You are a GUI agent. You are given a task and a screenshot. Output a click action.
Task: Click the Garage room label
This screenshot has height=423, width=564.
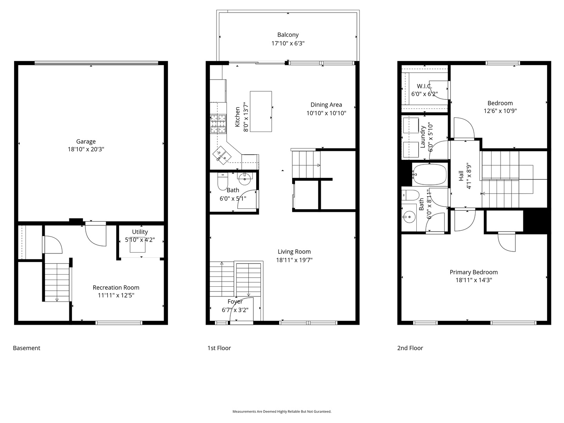tap(86, 141)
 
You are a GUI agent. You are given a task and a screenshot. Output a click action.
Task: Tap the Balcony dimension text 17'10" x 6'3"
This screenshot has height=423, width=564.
tap(288, 43)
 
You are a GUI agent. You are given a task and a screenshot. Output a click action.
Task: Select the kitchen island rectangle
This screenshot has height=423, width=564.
tap(261, 111)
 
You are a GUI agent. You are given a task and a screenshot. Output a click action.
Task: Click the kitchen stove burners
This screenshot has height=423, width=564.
tap(218, 124)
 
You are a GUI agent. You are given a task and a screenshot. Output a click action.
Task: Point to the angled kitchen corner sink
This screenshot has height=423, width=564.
tap(222, 155)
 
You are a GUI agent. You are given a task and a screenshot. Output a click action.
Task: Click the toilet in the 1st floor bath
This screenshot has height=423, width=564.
tap(222, 181)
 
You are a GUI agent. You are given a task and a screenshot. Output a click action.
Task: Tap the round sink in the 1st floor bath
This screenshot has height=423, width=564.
tap(245, 179)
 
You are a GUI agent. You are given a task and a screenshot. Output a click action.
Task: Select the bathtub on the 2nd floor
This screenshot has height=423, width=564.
tap(430, 174)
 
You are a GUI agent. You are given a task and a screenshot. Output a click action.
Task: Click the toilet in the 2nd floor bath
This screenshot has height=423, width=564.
tap(410, 195)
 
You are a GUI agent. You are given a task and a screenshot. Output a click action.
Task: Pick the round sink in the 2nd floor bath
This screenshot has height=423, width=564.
tap(409, 217)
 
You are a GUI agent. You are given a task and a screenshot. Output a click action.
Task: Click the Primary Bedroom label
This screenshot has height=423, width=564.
tap(474, 272)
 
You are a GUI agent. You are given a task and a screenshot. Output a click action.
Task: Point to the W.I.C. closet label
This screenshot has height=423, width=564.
tap(424, 86)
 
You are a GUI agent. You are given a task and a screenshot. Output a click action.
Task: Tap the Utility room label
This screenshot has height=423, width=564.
tap(140, 231)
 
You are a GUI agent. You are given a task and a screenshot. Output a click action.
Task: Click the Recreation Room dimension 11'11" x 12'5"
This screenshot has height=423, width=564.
tap(116, 295)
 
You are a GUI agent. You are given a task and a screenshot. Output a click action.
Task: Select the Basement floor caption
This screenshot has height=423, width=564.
tap(27, 348)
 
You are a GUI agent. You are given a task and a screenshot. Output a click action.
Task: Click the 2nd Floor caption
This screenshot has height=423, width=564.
tap(410, 348)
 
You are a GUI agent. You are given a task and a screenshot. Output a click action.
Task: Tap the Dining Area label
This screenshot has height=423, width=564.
tap(326, 105)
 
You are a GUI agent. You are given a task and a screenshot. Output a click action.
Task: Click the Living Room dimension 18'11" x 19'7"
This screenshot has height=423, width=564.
tap(294, 260)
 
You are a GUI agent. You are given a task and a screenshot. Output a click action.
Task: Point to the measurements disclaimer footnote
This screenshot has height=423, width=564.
tap(282, 411)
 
